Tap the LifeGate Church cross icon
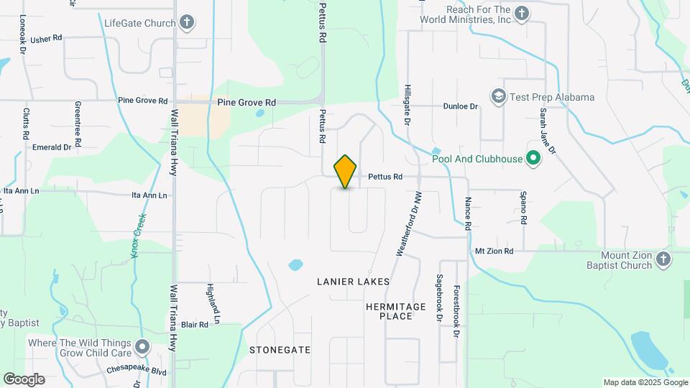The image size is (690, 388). (187, 22)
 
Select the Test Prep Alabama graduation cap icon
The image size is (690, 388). (498, 96)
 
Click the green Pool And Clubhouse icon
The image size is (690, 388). (533, 158)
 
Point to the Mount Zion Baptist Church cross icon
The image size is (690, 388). (663, 259)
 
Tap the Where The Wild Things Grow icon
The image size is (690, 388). (143, 348)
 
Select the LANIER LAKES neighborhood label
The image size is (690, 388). (353, 282)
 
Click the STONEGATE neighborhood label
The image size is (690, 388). (280, 349)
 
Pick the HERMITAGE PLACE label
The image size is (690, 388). (396, 311)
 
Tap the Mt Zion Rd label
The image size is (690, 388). (494, 251)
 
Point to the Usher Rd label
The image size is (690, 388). (47, 38)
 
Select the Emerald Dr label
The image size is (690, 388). (52, 147)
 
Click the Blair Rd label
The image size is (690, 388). (194, 325)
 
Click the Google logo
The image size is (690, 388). (24, 379)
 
